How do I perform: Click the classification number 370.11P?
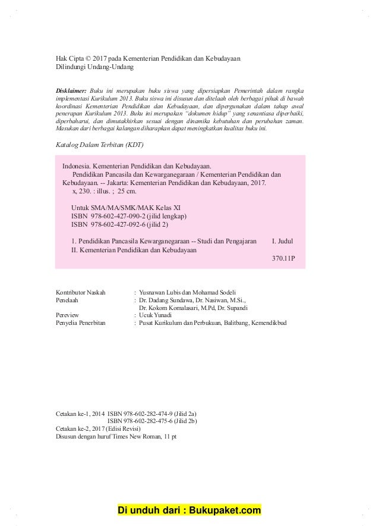point(283,259)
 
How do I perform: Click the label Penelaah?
point(67,300)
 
